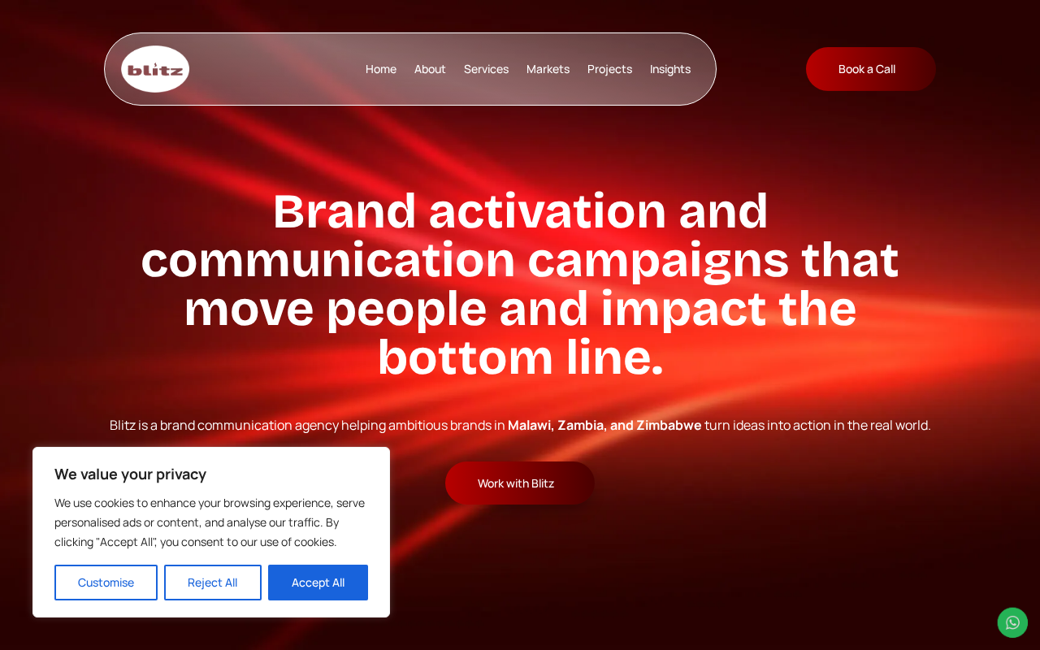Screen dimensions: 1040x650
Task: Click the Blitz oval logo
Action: [155, 69]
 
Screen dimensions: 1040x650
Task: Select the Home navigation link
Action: [381, 69]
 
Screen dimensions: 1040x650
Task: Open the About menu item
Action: [430, 69]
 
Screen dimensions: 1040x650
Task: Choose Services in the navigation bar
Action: [486, 69]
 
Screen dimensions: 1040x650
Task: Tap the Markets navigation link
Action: [548, 69]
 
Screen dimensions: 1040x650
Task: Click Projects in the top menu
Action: [609, 69]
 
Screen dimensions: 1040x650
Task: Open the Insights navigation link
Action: [670, 69]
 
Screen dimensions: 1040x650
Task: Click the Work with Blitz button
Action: [519, 483]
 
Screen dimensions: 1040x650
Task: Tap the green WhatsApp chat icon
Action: [1012, 622]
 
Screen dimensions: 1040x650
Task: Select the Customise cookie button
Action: [106, 583]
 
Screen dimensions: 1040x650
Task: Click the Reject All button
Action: [213, 583]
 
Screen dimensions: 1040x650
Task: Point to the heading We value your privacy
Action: [130, 474]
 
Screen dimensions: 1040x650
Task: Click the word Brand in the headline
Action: [344, 211]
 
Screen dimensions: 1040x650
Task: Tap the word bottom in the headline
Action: [465, 357]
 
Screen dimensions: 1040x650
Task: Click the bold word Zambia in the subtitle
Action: [580, 425]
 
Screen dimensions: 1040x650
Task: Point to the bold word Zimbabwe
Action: [669, 425]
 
